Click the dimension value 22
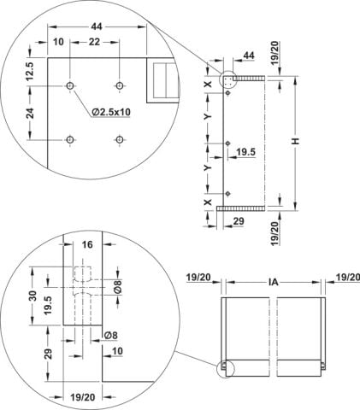[94, 42]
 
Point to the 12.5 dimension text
[31, 71]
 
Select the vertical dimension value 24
[31, 113]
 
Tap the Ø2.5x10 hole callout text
[111, 112]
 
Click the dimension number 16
[87, 244]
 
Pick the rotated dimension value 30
[33, 296]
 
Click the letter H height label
[296, 141]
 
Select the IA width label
[273, 282]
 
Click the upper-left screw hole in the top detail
[70, 85]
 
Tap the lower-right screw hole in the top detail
[119, 139]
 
